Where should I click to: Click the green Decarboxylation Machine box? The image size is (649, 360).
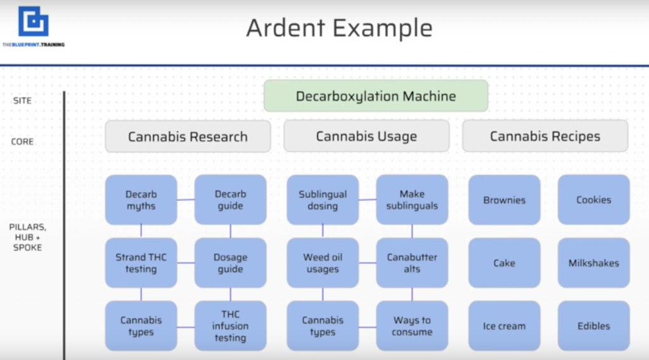tap(376, 96)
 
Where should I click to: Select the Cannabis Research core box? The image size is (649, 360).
tap(188, 136)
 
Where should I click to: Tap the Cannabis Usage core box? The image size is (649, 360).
tap(366, 136)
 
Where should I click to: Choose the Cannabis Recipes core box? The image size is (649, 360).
tap(545, 136)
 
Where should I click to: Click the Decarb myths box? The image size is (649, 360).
tap(141, 200)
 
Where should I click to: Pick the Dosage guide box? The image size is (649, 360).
tap(230, 263)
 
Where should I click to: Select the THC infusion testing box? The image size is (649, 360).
tap(230, 326)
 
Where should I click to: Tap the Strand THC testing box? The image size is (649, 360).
tap(141, 263)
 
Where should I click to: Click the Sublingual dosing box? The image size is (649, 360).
tap(323, 200)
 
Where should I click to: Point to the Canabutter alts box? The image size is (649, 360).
tap(412, 263)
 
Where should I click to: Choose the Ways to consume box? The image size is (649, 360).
tap(412, 326)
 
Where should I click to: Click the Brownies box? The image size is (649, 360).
tap(504, 200)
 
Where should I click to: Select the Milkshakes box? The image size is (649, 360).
tap(594, 263)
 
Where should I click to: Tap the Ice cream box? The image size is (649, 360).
tap(504, 326)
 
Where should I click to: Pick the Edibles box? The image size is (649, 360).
tap(594, 326)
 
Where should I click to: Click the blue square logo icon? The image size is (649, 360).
tap(33, 22)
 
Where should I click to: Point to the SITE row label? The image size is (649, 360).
tap(22, 101)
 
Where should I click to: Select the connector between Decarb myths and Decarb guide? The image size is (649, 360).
tap(186, 200)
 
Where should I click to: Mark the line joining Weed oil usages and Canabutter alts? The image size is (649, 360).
tap(368, 263)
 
